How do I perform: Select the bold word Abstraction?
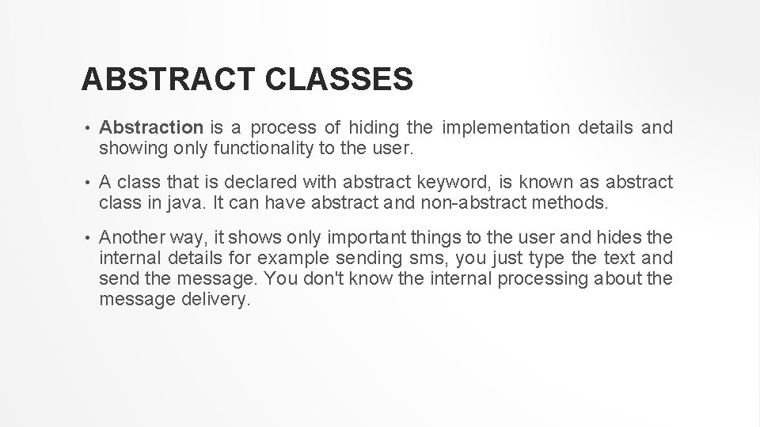point(152,127)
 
